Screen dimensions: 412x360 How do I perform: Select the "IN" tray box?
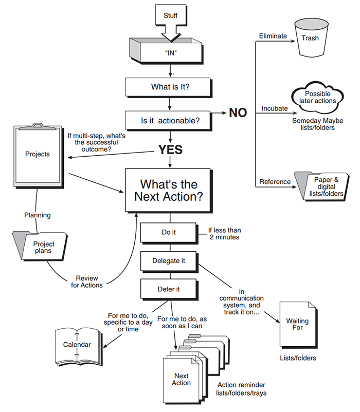coord(170,52)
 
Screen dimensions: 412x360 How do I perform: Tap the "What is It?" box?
coord(170,87)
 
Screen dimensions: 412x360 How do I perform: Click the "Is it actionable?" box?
coord(170,121)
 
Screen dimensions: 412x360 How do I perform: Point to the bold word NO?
coord(238,113)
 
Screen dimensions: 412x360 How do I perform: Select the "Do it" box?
coord(169,232)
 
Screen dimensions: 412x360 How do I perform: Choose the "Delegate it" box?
coord(169,260)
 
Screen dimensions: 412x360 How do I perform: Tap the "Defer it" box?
coord(169,289)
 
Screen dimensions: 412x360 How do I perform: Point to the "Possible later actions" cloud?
coord(317,97)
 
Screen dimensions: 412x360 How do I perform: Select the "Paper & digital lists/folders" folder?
coord(322,187)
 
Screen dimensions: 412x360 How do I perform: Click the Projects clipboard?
coord(37,154)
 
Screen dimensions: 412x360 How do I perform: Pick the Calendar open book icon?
coord(77,345)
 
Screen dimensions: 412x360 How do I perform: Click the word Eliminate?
coord(273,36)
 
